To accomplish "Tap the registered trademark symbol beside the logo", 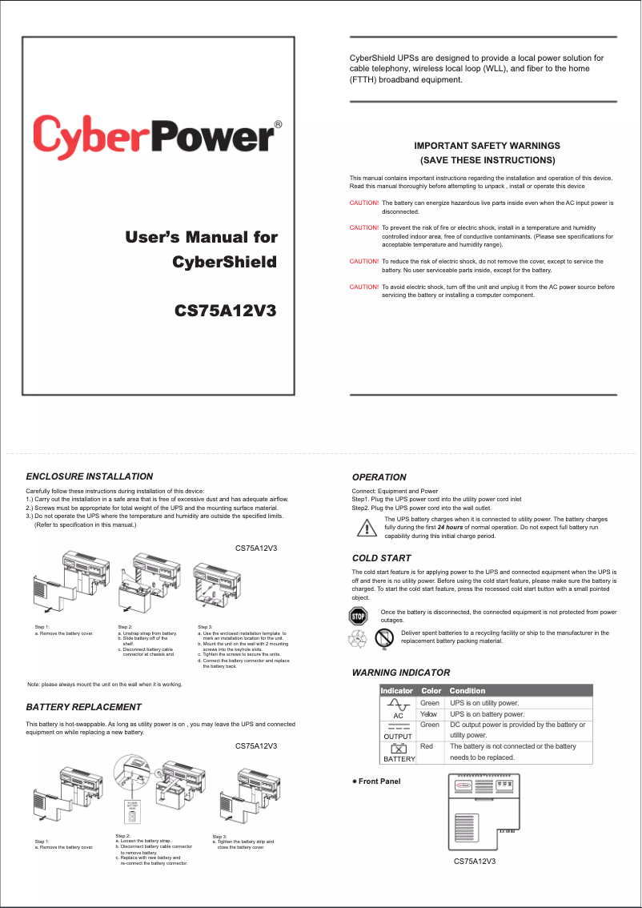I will tap(278, 125).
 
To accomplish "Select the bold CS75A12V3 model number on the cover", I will tap(226, 310).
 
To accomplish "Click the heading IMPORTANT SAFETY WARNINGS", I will tap(487, 146).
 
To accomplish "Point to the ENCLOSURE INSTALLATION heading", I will tap(90, 476).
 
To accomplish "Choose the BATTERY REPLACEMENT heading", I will tap(84, 707).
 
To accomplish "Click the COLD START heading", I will tap(381, 558).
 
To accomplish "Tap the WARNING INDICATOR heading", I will tap(401, 673).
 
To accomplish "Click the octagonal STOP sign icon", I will tap(358, 616).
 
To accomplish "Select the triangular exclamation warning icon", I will tap(367, 528).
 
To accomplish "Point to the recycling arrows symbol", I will tap(356, 638).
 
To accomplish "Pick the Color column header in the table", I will tap(431, 690).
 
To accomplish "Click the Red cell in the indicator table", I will tap(427, 746).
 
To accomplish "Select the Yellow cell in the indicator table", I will tap(429, 713).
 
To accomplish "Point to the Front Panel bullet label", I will tap(376, 781).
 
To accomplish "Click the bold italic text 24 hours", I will tap(451, 528).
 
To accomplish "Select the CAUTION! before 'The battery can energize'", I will tap(364, 203).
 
